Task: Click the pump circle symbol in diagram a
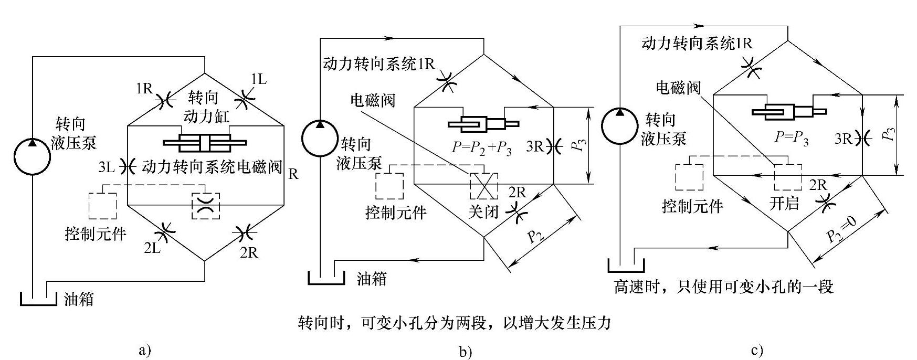31,156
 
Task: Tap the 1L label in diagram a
259,79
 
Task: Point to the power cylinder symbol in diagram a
205,142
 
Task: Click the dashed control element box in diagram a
103,205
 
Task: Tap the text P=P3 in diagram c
791,138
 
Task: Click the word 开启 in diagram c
784,203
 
